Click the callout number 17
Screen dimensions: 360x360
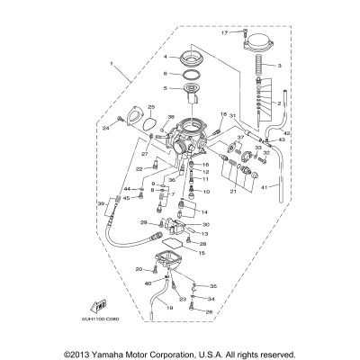coord(225,32)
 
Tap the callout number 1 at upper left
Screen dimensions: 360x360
coord(112,64)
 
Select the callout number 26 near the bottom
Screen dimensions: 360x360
coord(210,312)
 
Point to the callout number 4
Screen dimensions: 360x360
coord(166,57)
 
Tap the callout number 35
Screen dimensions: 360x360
coord(214,285)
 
